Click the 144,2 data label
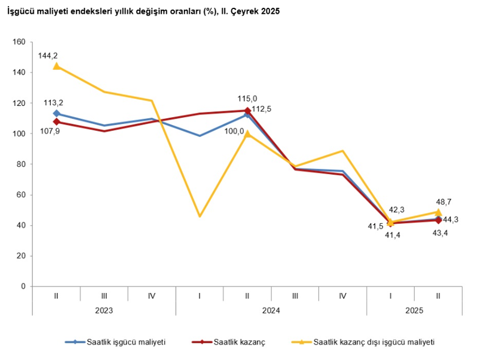[47, 56]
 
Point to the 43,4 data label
[440, 232]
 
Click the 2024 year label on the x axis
[271, 310]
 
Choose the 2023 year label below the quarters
[104, 310]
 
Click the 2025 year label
[414, 310]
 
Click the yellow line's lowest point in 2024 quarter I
[200, 216]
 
